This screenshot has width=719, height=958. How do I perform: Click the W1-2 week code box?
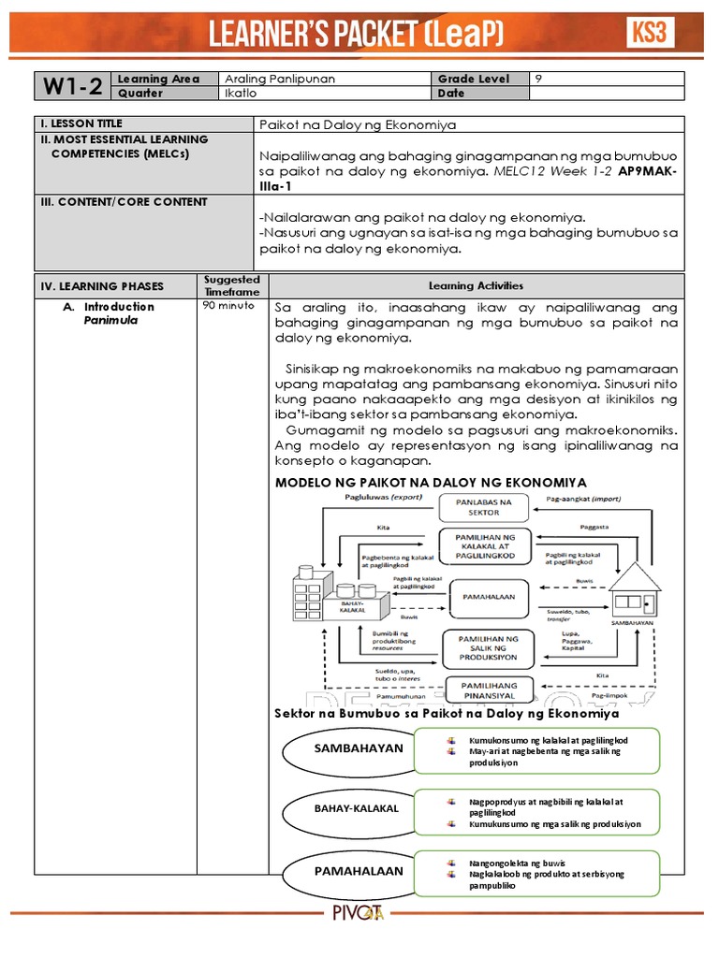tap(71, 86)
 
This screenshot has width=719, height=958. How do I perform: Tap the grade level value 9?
tap(538, 80)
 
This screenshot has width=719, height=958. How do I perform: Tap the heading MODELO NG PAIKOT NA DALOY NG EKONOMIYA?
tap(431, 482)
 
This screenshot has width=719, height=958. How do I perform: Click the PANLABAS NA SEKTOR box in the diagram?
tap(484, 507)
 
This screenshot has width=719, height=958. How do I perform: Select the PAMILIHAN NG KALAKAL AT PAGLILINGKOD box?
tap(485, 546)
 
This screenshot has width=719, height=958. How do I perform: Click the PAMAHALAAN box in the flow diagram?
tap(484, 593)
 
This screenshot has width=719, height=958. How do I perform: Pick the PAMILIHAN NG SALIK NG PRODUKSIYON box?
tap(484, 646)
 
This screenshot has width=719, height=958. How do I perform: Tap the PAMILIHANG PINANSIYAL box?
tap(484, 690)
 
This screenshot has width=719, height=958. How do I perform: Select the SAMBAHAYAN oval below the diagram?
tap(345, 748)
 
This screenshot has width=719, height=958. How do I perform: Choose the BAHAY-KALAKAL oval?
tap(344, 807)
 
